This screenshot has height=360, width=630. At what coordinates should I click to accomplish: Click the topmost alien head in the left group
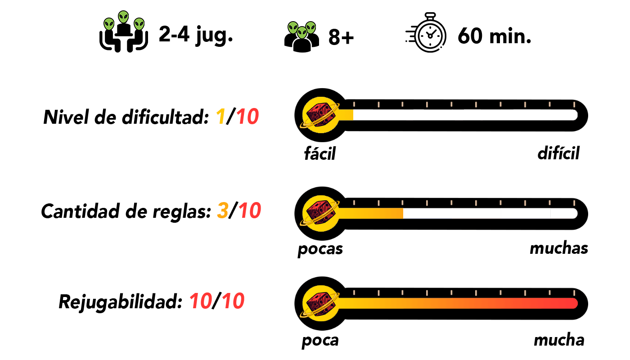point(123,17)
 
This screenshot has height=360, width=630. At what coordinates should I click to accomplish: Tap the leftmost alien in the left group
point(109,24)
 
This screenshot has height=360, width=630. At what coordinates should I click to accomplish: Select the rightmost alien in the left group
point(139,24)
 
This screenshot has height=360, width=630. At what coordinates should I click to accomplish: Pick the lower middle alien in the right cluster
point(302,32)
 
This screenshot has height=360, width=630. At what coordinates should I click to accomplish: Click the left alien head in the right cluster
point(293,28)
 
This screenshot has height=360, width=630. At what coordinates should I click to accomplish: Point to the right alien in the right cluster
point(310,28)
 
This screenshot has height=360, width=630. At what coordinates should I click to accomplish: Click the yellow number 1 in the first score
point(220,117)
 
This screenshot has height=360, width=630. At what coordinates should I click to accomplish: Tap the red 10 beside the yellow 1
point(247,117)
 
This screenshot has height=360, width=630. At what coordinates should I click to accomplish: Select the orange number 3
point(223,211)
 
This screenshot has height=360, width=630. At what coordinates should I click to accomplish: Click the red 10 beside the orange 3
point(250,211)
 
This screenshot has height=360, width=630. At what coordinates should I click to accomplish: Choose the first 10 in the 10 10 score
point(201,301)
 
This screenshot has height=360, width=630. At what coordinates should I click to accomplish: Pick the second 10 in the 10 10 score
point(233,301)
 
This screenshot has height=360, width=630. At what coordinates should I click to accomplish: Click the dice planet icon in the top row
point(320,115)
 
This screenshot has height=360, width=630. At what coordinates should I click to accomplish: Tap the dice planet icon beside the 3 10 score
point(320,213)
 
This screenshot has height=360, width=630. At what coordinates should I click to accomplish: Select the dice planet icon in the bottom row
point(320,303)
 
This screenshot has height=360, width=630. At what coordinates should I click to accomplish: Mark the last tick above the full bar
point(574,293)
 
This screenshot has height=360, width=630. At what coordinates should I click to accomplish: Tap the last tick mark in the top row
point(574,104)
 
